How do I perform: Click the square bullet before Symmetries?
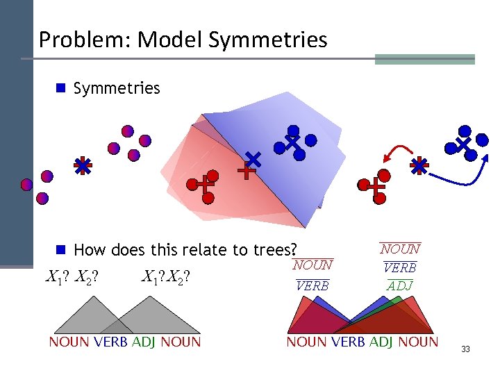(x=61, y=88)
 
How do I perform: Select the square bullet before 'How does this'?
(x=61, y=249)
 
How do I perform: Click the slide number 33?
(x=465, y=349)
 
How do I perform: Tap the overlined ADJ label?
(x=399, y=285)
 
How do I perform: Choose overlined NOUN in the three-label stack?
(x=400, y=249)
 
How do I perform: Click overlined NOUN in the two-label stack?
(x=312, y=265)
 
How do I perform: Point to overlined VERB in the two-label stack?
(x=312, y=285)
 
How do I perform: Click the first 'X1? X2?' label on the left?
(x=71, y=278)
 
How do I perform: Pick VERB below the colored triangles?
(x=348, y=342)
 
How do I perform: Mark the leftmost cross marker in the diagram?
(x=83, y=166)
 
